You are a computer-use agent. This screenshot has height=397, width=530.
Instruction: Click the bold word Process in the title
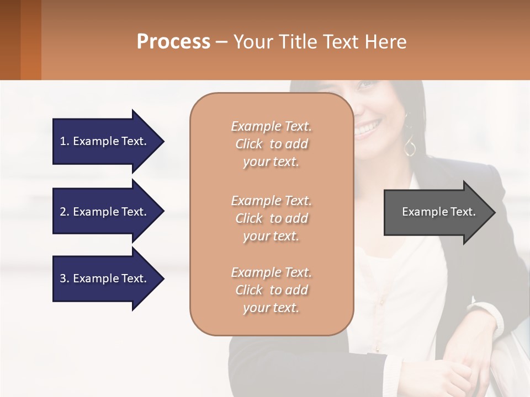[173, 42]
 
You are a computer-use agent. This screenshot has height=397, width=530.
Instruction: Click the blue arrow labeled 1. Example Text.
[105, 141]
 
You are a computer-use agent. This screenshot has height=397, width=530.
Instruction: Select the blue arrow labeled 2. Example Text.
[105, 212]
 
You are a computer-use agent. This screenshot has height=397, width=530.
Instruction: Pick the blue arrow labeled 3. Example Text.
[105, 278]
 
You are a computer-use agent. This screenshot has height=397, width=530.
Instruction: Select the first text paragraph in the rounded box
[271, 144]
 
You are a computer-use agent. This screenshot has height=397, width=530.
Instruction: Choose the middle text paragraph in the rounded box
[271, 218]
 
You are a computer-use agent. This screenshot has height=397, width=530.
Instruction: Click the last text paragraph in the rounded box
[271, 290]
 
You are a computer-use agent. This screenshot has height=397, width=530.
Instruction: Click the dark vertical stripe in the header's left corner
[10, 40]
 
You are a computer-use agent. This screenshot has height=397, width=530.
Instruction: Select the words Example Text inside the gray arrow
[438, 212]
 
